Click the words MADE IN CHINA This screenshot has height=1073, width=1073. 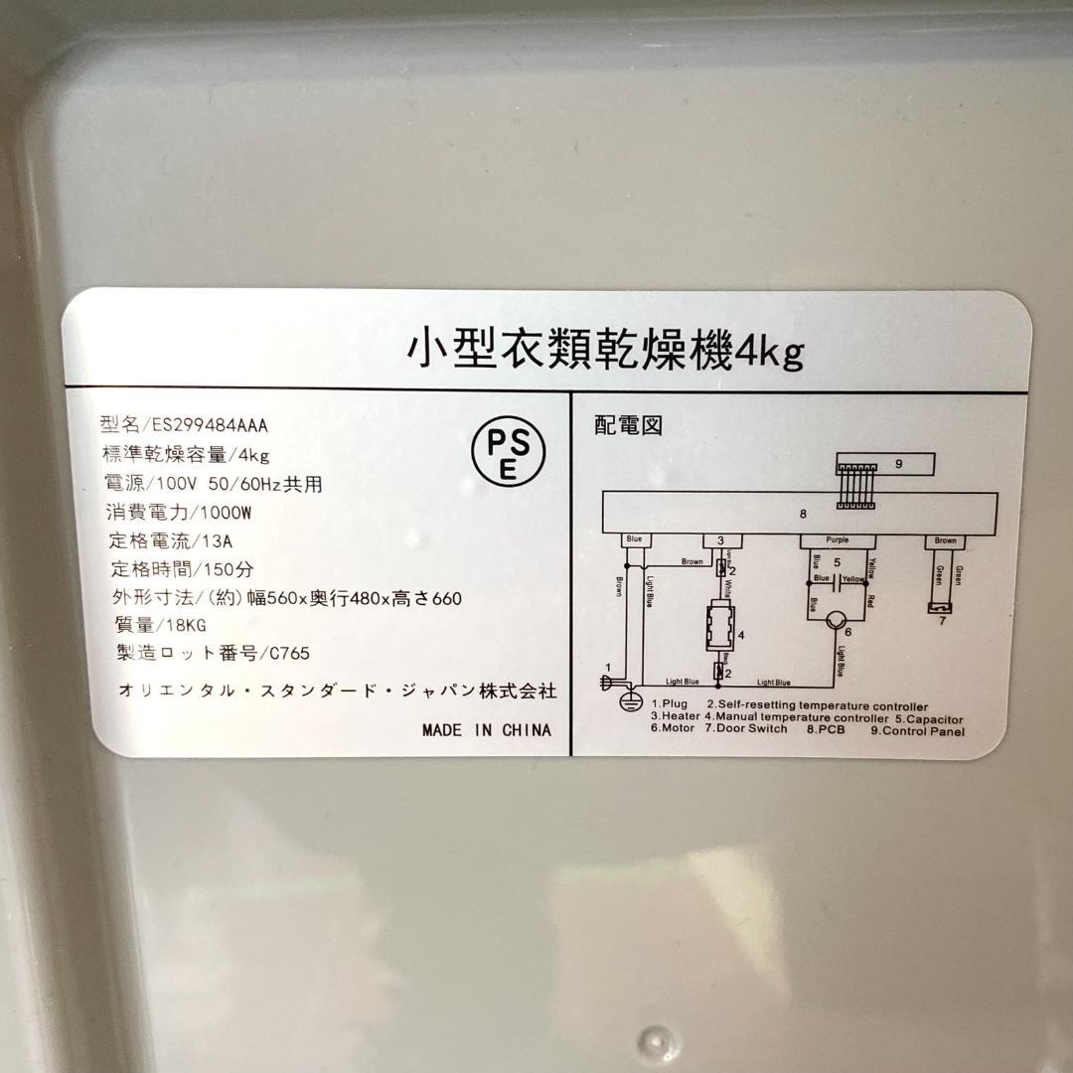coord(486,730)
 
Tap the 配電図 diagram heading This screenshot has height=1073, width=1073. coord(628,425)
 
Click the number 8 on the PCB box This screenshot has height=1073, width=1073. coord(803,514)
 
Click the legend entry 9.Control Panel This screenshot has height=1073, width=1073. coord(917,731)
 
